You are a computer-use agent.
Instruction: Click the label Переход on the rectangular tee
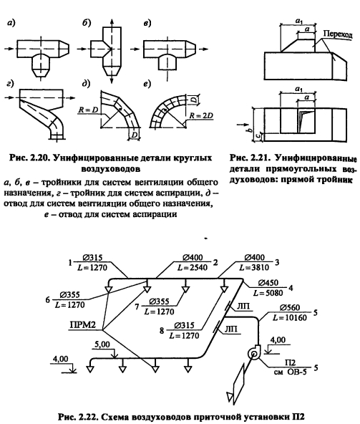[x=338, y=34]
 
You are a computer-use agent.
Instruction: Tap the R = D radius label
[x=87, y=110]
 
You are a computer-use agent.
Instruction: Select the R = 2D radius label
[x=201, y=115]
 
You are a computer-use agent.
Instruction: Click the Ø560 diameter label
[x=290, y=307]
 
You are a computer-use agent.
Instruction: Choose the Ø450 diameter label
[x=268, y=283]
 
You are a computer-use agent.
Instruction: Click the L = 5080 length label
[x=268, y=293]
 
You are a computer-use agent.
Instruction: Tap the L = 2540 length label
[x=193, y=267]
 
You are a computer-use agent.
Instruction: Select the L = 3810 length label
[x=255, y=267]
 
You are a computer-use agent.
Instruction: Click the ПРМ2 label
[x=83, y=324]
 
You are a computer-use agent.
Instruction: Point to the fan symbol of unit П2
[x=254, y=353]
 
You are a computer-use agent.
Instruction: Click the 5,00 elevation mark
[x=102, y=344]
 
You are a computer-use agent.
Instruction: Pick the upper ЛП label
[x=243, y=306]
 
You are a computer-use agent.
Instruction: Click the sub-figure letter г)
[x=10, y=85]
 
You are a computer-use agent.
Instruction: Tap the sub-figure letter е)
[x=147, y=85]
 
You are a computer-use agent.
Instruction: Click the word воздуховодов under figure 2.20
[x=110, y=169]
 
